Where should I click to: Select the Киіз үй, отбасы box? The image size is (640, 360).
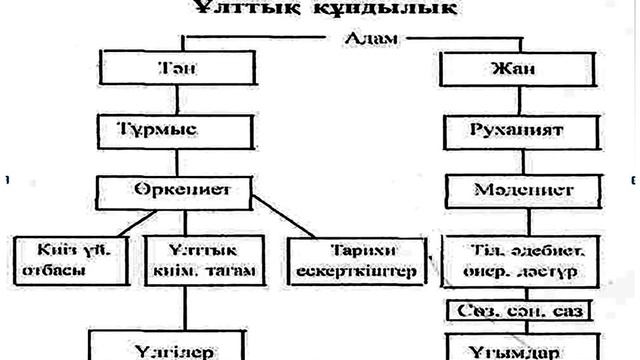click(x=54, y=258)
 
